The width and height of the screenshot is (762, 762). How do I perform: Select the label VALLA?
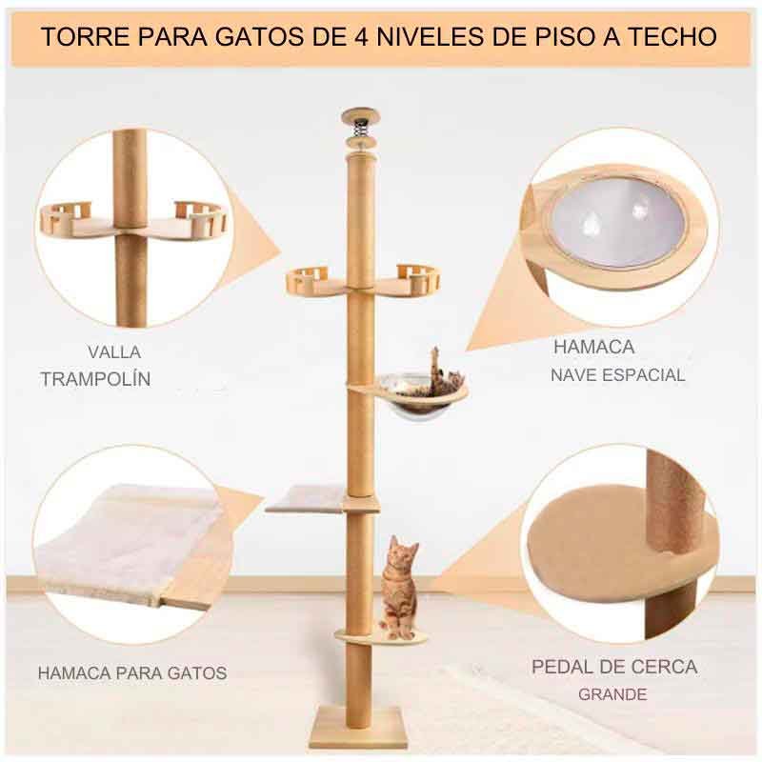[x=113, y=351]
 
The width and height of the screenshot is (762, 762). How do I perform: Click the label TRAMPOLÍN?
[x=95, y=379]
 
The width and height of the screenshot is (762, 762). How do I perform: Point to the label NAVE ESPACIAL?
[x=617, y=375]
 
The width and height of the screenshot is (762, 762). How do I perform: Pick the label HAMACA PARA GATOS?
[x=132, y=673]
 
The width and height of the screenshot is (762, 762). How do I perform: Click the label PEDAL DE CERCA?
[x=613, y=667]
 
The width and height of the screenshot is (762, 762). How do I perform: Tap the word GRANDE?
[x=612, y=694]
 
